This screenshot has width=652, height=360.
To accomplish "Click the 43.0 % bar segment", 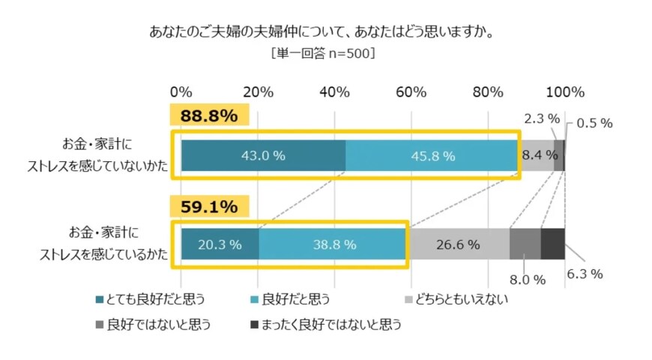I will coord(263,155).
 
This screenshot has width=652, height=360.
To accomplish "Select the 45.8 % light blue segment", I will coord(432,155).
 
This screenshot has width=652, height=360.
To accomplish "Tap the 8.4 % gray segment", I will coord(536,155).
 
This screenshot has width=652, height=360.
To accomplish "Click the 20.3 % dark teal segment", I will coord(220,244).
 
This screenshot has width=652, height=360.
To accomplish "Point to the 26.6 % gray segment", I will coord(458,244).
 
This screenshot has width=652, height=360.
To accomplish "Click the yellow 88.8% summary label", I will coord(204,116).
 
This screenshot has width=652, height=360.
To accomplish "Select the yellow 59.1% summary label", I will coord(204,205).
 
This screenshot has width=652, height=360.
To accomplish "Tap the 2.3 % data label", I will coord(541,118).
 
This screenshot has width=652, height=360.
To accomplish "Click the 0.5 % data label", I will coord(594,123).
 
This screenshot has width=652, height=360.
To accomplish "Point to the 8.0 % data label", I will coord(528,280).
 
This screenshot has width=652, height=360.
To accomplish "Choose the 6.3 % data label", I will coord(585,274).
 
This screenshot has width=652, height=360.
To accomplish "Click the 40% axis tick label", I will coord(334,92).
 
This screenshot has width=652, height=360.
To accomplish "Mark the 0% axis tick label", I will coord(181,92).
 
